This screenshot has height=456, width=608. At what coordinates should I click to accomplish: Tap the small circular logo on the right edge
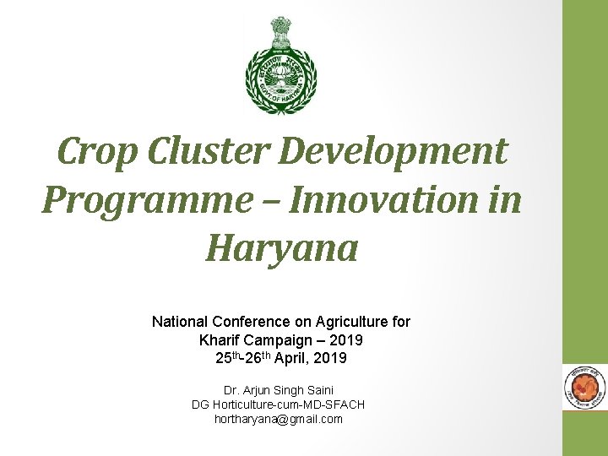click(584, 389)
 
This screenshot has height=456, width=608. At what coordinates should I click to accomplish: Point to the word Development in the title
click(392, 152)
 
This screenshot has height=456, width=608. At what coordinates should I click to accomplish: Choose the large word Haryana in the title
click(281, 250)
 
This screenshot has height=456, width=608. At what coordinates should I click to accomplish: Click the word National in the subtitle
click(179, 322)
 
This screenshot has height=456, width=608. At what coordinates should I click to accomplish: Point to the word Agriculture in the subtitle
click(349, 322)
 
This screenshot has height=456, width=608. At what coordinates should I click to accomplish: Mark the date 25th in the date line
click(225, 358)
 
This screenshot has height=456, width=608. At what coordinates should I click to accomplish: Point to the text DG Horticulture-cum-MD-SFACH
click(278, 404)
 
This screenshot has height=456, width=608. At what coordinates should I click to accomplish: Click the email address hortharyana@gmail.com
click(278, 419)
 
